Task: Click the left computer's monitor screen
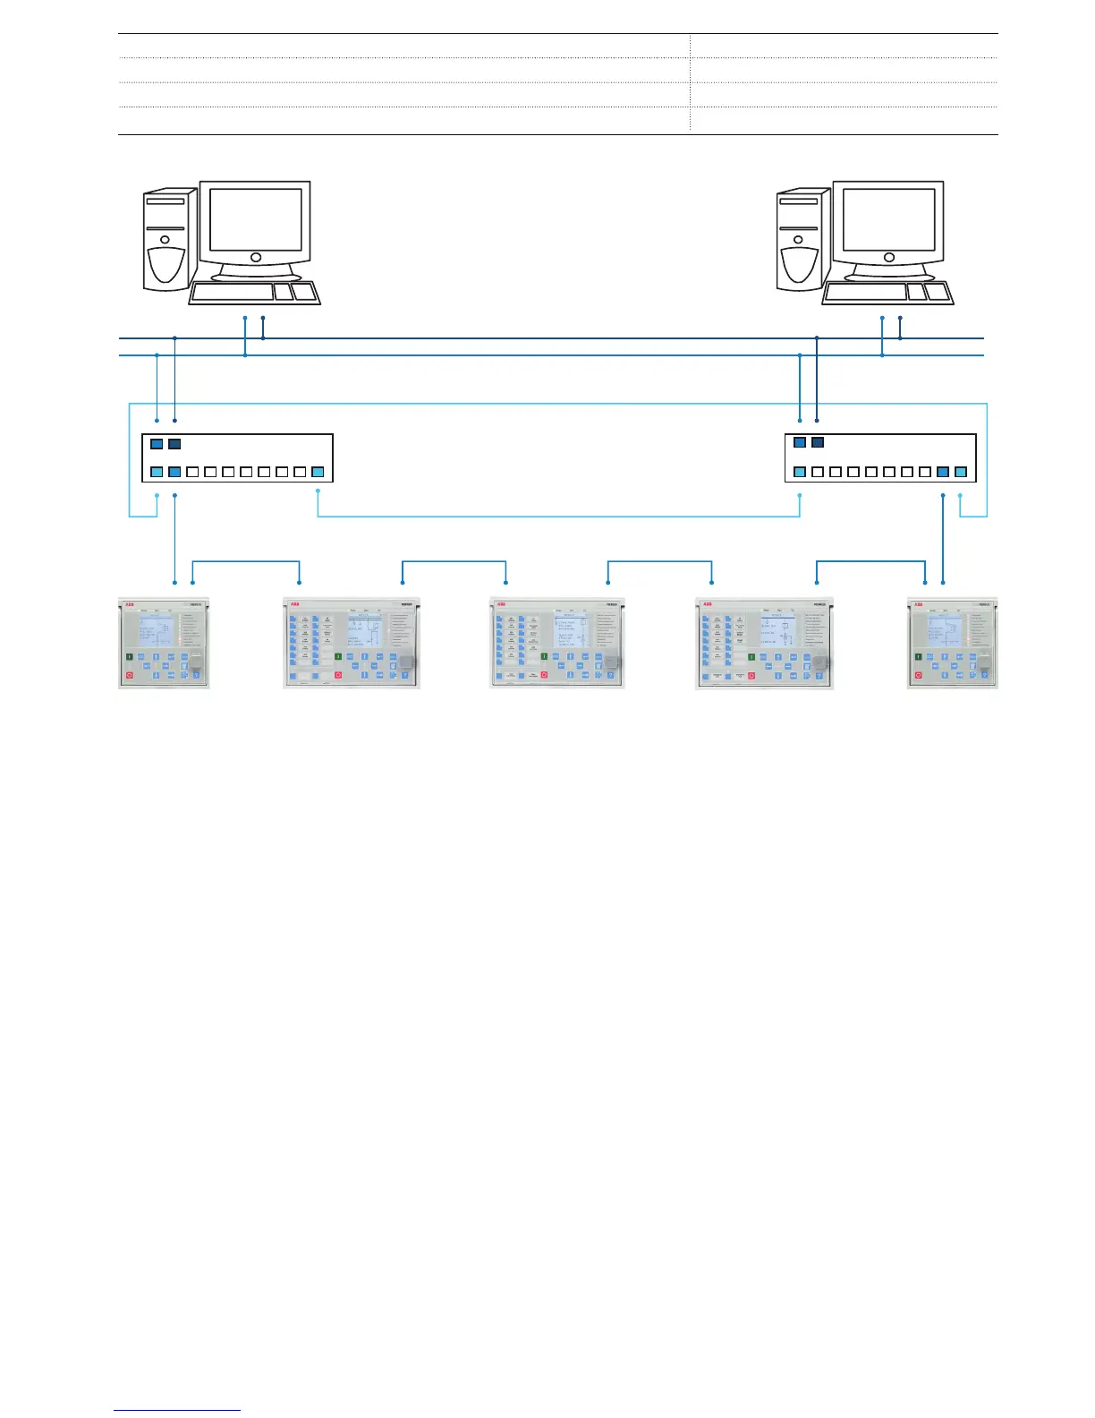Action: click(256, 219)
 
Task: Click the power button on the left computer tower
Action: click(166, 239)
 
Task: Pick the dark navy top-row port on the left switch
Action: click(174, 443)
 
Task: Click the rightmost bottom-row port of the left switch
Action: click(318, 472)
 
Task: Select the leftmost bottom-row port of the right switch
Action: click(800, 472)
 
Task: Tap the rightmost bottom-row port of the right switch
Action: click(961, 472)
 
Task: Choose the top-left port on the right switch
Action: click(800, 442)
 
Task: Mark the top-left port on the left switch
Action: click(157, 443)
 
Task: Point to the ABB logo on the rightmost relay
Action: click(918, 603)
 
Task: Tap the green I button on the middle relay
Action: click(544, 658)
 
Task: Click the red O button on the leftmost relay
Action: click(130, 673)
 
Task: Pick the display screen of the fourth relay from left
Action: click(778, 631)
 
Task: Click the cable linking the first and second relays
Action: click(246, 562)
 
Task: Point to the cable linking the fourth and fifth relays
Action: click(870, 562)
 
